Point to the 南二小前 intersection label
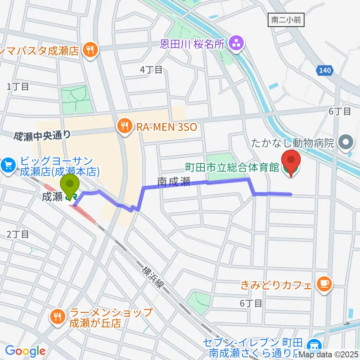286,20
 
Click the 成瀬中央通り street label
42,136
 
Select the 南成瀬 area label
174,183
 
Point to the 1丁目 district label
18,87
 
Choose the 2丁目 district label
18,235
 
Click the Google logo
25,351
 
